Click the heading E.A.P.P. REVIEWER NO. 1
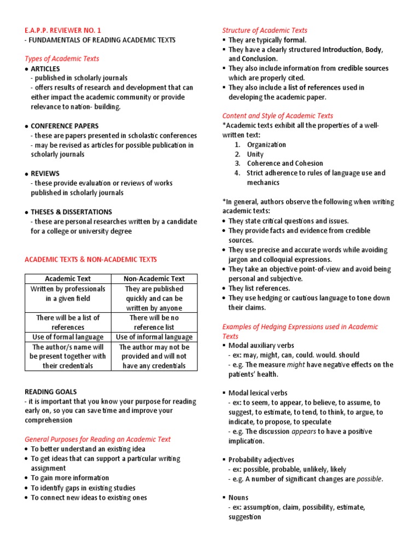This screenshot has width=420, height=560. coord(63,31)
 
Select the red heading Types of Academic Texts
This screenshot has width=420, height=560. coord(62,59)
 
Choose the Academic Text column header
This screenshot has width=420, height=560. coord(68,278)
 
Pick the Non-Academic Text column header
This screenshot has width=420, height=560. coord(154,278)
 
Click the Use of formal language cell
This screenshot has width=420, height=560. coord(68,337)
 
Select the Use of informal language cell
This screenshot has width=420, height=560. coord(154,337)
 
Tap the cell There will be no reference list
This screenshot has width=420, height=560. coord(154,322)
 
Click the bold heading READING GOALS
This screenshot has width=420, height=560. coord(51,392)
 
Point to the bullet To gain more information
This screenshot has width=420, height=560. coord(69,478)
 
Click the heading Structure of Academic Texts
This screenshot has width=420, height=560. coord(265,31)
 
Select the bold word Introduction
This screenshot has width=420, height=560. coord(342,49)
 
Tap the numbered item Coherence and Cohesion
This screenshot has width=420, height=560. coord(285,163)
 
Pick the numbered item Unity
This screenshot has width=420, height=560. coord(255,154)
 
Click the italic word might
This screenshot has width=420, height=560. coord(296,365)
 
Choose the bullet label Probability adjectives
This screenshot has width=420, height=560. coord(261,459)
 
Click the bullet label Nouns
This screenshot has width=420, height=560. coord(238,498)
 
